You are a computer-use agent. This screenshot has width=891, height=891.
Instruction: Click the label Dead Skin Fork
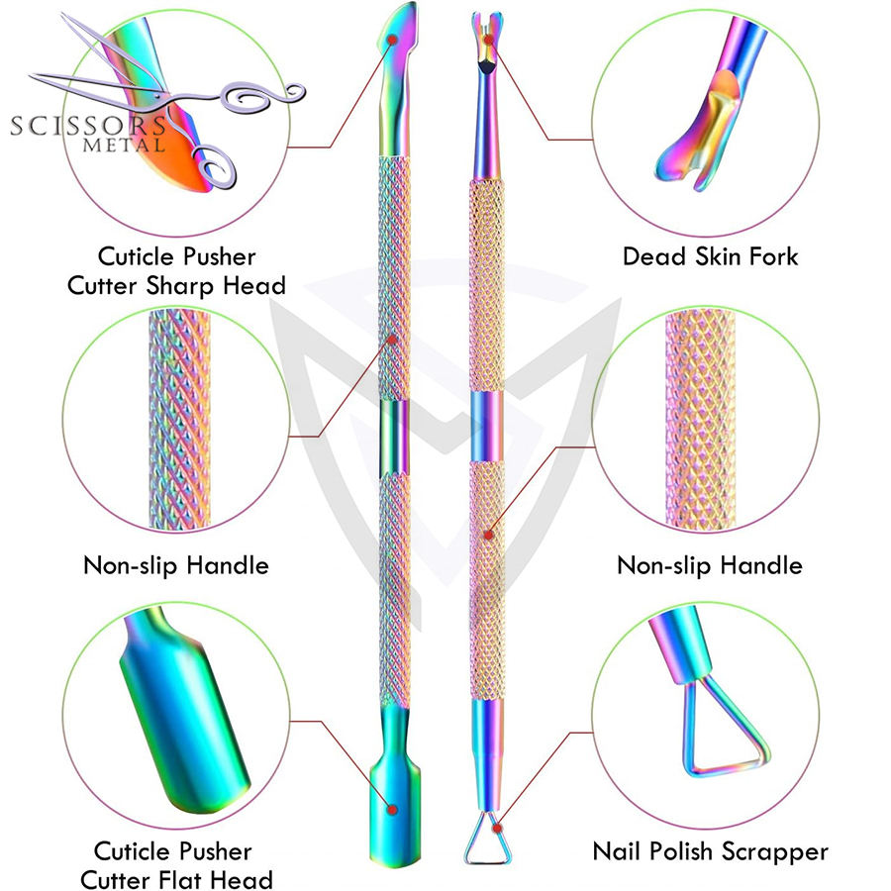coord(710,257)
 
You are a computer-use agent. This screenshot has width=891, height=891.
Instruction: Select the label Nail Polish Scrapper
coord(710,850)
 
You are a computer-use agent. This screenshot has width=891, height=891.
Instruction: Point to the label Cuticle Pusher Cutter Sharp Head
coord(175,271)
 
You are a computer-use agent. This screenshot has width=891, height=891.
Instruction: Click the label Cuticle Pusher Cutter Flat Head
coord(173,865)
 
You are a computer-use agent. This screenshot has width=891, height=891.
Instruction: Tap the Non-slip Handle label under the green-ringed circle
coord(175,566)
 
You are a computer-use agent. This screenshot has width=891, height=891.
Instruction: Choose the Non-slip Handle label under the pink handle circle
coord(709,566)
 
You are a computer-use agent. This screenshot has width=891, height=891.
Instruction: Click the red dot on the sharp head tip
coord(393,39)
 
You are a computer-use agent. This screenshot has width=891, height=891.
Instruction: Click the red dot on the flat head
coord(392,810)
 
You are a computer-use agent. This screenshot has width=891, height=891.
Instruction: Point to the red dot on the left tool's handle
coord(392,340)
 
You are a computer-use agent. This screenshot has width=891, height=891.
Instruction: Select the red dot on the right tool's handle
coord(489,534)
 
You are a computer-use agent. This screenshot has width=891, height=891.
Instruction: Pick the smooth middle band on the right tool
coord(485,425)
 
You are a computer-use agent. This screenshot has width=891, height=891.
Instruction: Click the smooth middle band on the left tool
coord(391,435)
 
